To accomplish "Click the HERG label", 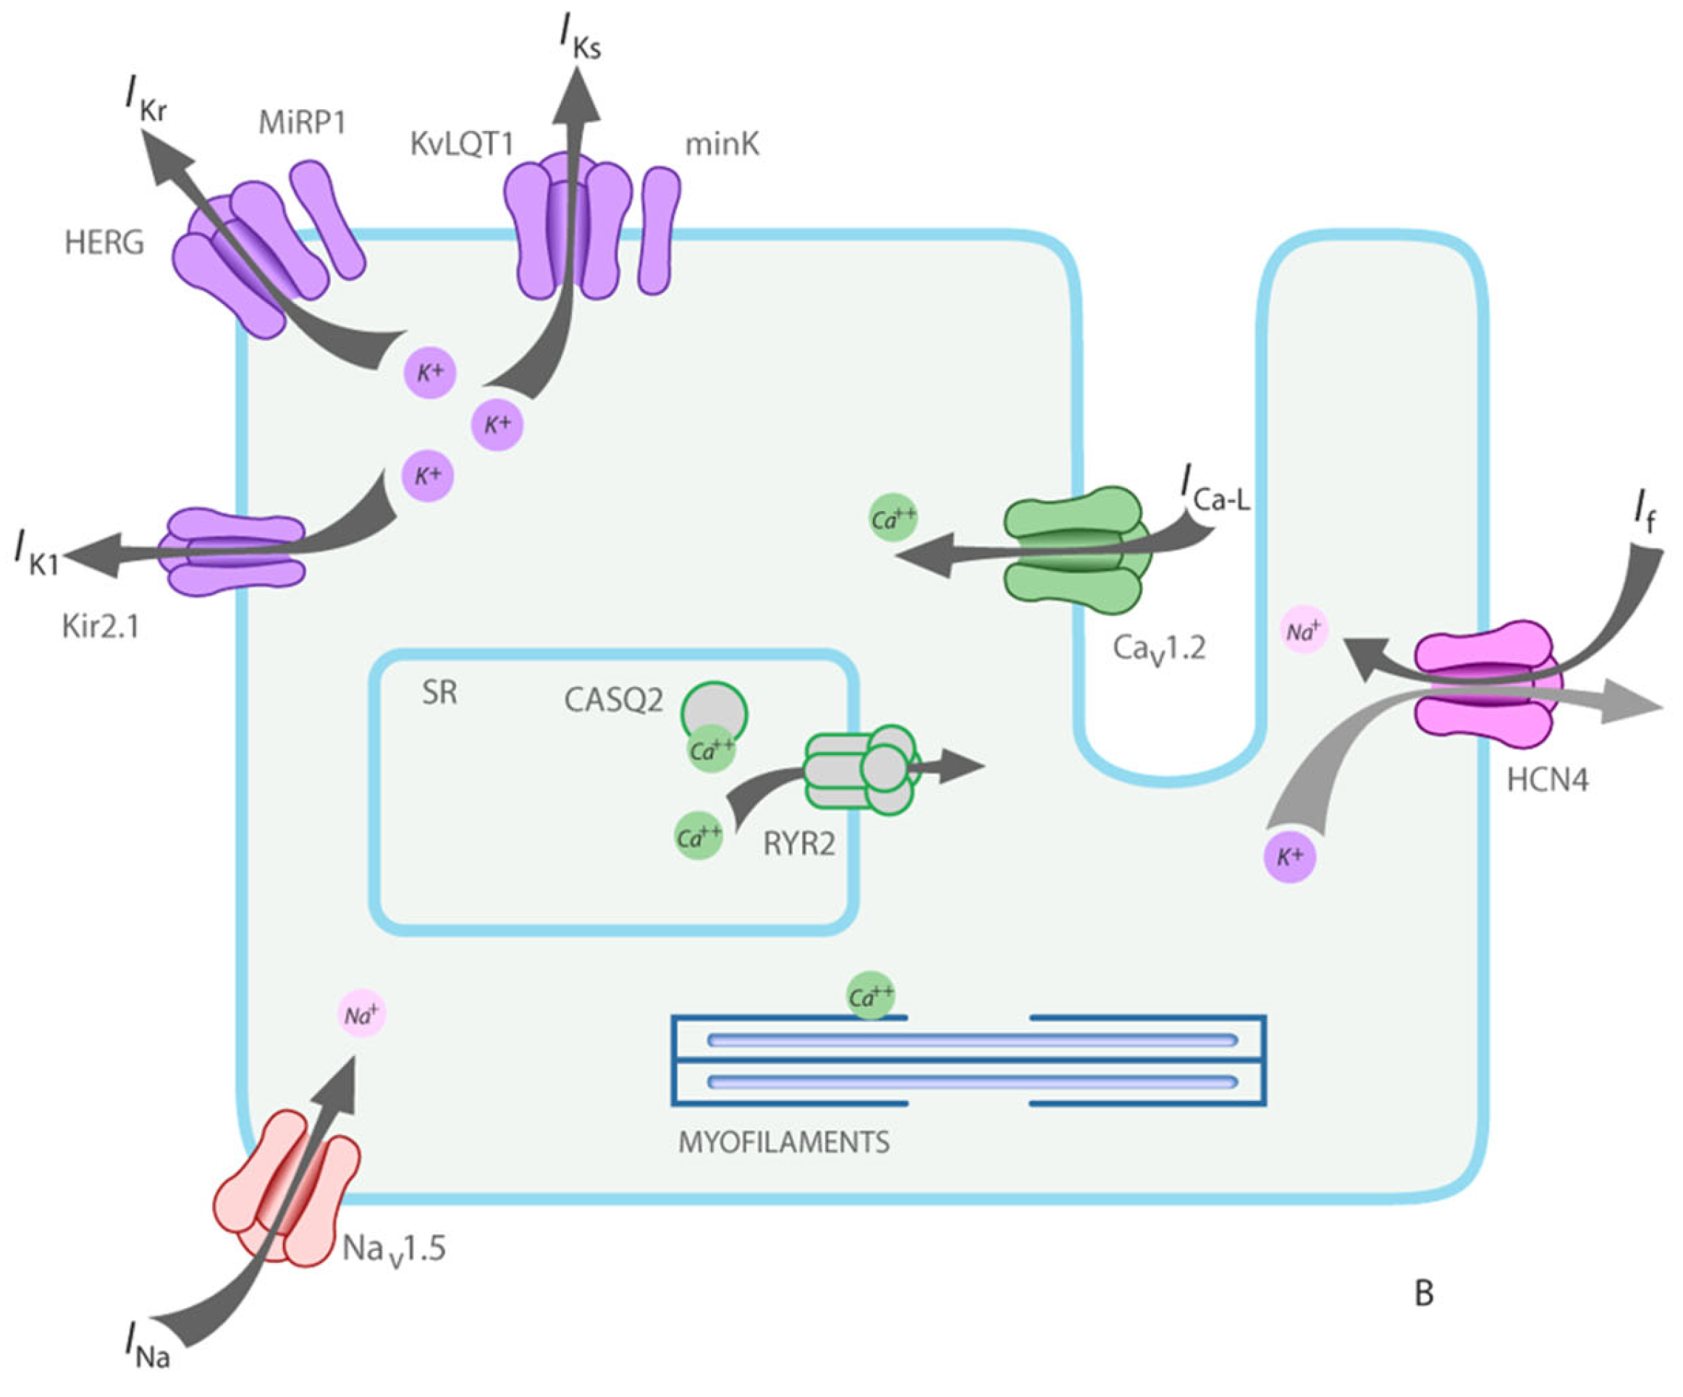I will click(104, 242).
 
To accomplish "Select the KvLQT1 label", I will click(461, 144).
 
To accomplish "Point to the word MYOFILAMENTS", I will click(784, 1141).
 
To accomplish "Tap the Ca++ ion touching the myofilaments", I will click(871, 996).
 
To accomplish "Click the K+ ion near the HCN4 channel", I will click(1289, 858).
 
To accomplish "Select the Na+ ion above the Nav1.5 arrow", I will click(362, 1015).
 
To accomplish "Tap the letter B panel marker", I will click(1423, 1293).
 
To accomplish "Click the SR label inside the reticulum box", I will click(439, 693).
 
